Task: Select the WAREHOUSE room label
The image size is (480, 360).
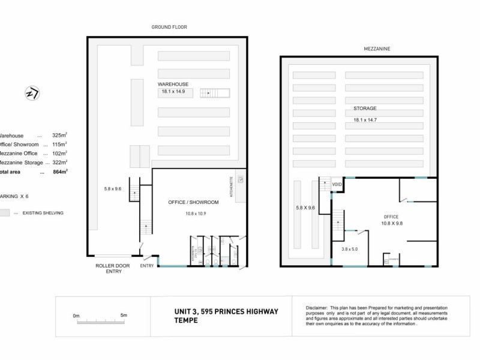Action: pos(173,84)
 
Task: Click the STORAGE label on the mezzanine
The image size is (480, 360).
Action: pos(365,109)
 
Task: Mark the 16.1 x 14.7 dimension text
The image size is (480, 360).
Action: pos(368,120)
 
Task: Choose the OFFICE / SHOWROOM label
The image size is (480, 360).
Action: pos(193,203)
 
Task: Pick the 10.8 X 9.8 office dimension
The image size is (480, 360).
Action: pos(391,224)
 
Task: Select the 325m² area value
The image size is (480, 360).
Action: pos(59,136)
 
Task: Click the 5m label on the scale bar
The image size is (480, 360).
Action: pos(124,315)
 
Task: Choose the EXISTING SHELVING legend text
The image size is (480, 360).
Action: pos(43,213)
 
